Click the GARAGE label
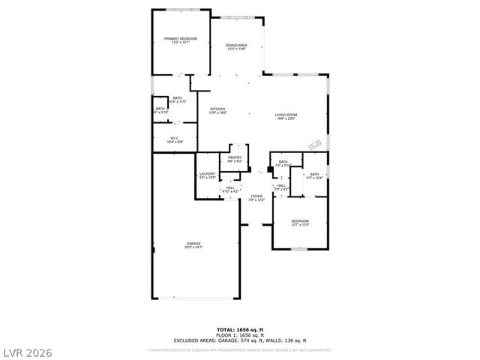tap(193, 245)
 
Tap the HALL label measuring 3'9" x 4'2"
tap(280, 187)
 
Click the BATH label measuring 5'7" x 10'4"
tap(313, 175)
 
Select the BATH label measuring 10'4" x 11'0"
tap(177, 99)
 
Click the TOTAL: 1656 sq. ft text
tap(239, 330)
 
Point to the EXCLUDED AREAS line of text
tap(239, 340)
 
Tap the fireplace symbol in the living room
tap(316, 143)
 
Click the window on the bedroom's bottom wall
tap(299, 248)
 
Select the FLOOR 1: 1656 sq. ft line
tap(239, 334)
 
